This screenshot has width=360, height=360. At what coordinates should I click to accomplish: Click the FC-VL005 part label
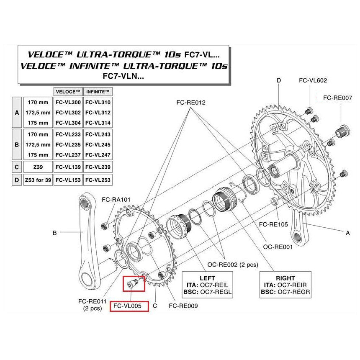point(129,306)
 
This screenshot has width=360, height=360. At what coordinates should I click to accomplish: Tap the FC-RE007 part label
point(338,98)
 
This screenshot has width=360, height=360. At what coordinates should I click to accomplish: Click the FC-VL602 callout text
point(313,81)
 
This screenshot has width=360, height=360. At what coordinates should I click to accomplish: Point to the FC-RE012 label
point(191,102)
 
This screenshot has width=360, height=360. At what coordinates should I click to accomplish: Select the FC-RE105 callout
point(273,224)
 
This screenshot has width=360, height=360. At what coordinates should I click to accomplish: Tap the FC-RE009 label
point(183,306)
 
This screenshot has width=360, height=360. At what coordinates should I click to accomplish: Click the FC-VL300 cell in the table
point(68,102)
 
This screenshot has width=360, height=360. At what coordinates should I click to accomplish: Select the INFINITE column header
point(97,91)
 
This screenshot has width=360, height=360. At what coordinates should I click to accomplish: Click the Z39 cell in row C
point(38,166)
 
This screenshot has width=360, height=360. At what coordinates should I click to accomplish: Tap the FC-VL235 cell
point(68,144)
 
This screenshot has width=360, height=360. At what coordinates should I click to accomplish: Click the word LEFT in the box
point(207,278)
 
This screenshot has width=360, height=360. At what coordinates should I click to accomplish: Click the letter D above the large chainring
point(279,80)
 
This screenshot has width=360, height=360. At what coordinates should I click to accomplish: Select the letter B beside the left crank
point(54,233)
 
